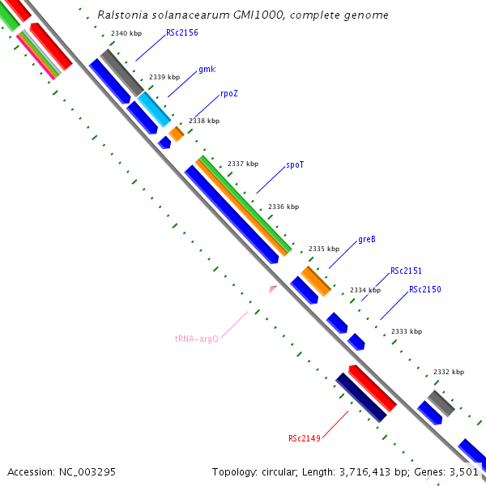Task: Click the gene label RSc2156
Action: [181, 33]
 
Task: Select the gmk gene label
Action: [207, 70]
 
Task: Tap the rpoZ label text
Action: [228, 94]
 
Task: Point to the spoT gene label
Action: [294, 165]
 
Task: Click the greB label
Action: [366, 240]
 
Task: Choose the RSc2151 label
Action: [406, 271]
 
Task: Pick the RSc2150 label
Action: [424, 289]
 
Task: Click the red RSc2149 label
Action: [305, 439]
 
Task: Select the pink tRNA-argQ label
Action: [197, 339]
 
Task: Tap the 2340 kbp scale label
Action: [126, 33]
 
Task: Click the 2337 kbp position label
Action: [243, 164]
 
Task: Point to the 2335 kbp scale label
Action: [324, 249]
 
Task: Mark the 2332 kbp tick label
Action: [449, 372]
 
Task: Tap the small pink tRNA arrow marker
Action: [273, 288]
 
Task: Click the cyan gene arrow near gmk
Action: [154, 109]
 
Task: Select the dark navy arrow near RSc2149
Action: [361, 398]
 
